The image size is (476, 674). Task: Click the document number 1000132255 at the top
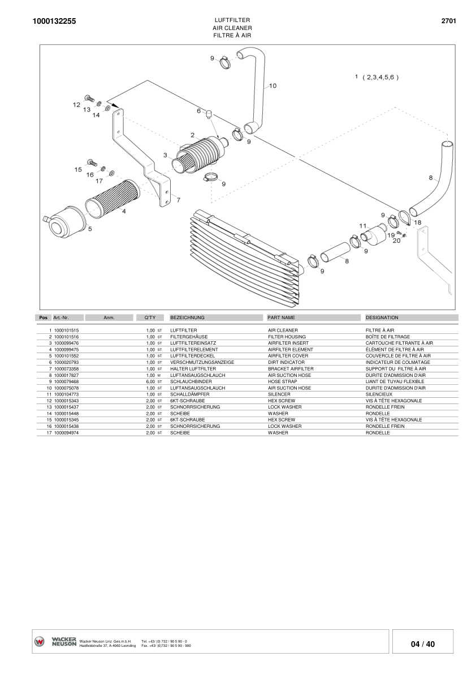tap(54, 21)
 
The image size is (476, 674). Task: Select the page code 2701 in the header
tap(448, 21)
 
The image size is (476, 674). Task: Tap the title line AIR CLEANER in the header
tap(232, 28)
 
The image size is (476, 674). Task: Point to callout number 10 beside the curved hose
tap(272, 86)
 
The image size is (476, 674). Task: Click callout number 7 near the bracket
tap(178, 200)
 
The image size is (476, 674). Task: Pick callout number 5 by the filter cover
tap(89, 229)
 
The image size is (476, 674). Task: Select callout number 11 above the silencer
tap(363, 226)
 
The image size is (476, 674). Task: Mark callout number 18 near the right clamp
tap(418, 223)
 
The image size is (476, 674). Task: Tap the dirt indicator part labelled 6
tap(209, 114)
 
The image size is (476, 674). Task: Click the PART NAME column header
tap(282, 318)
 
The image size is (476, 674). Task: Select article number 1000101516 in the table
tap(66, 337)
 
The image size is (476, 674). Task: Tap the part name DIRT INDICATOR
tap(286, 362)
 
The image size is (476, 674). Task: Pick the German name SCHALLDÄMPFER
tap(190, 394)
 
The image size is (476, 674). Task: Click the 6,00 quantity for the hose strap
tap(150, 381)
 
